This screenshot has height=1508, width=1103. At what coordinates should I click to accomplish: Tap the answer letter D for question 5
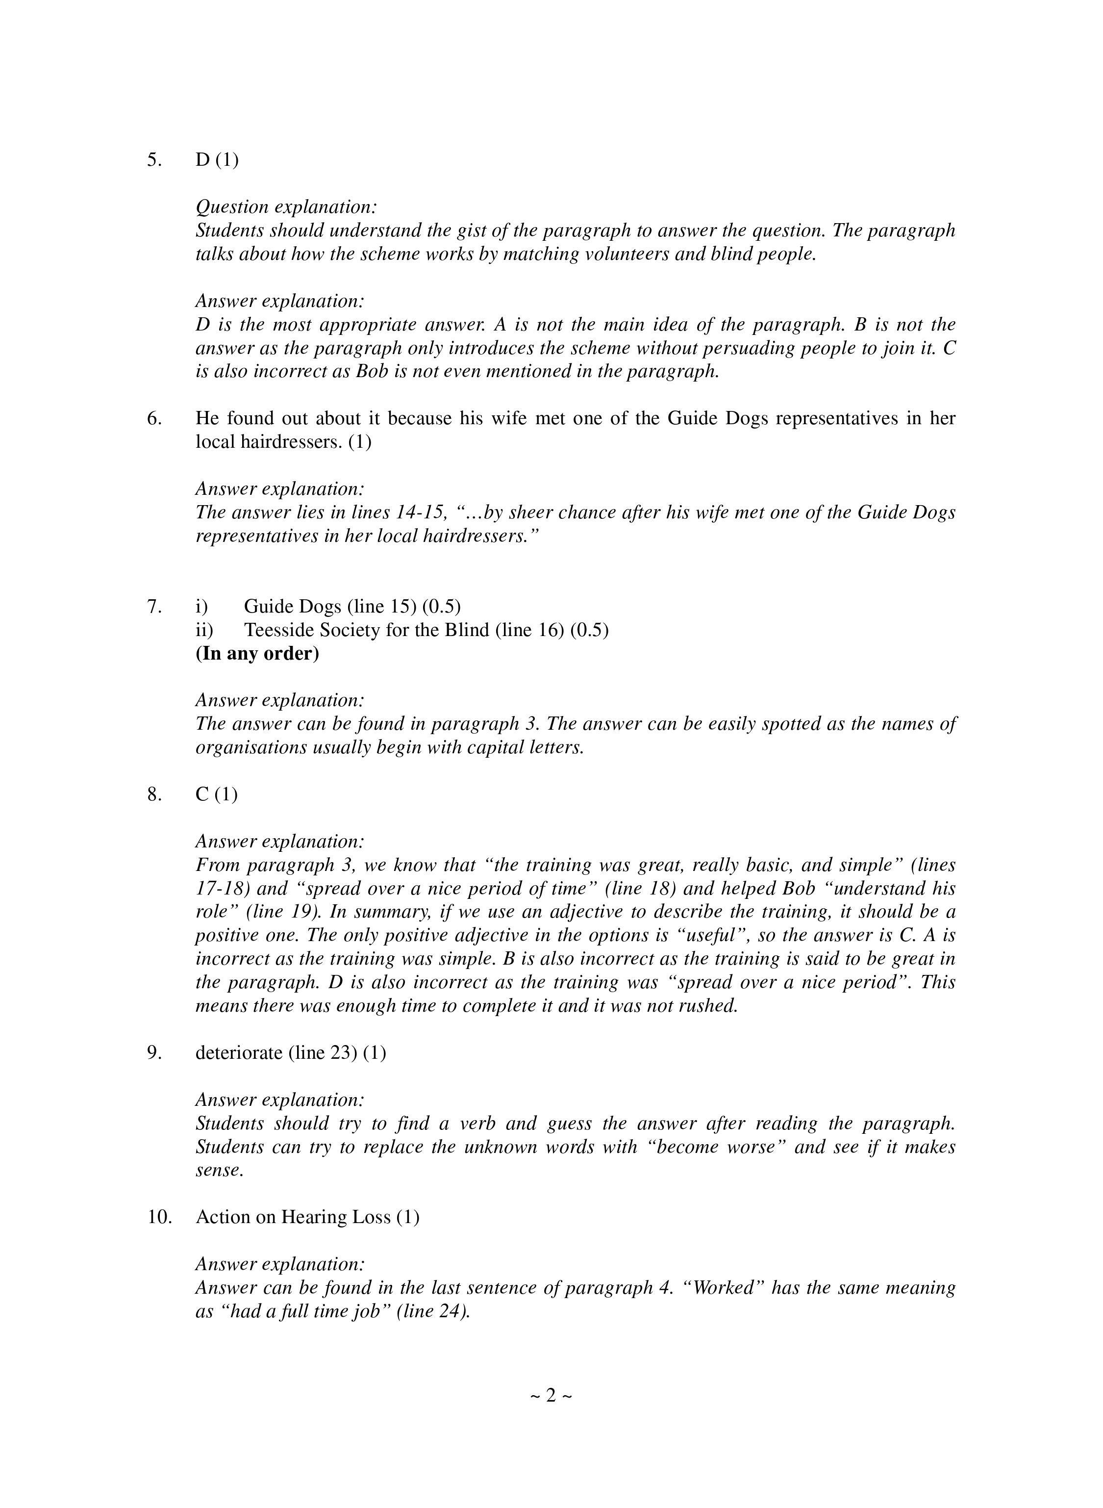(202, 160)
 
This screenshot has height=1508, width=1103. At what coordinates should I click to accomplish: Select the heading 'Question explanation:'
(286, 207)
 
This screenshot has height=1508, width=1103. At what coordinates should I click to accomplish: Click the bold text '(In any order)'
(257, 653)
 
